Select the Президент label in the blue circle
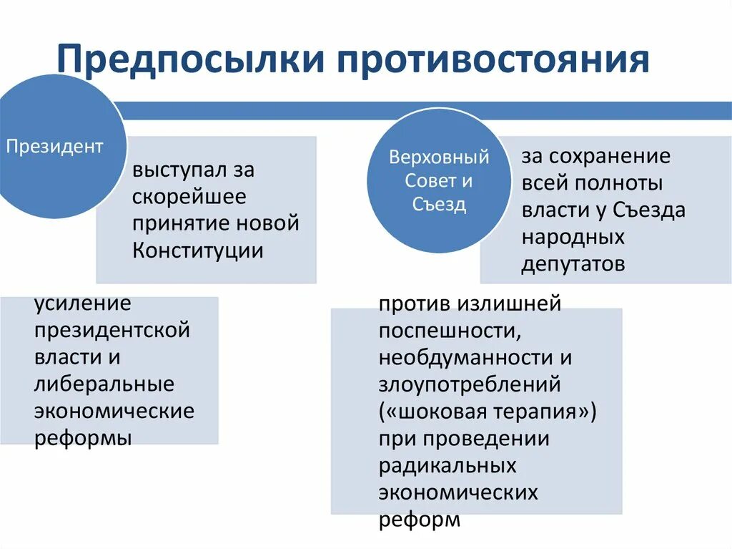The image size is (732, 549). (54, 147)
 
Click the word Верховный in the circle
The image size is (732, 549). (439, 157)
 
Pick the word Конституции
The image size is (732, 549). (197, 251)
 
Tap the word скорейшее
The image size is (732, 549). (189, 197)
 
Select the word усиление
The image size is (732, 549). (83, 303)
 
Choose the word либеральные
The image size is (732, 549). (104, 384)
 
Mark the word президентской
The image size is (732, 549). (112, 331)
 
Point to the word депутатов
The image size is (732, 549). (573, 264)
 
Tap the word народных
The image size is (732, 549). (573, 237)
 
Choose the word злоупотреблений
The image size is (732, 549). (470, 384)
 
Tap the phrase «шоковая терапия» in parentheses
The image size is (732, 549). (488, 412)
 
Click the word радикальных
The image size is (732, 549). (447, 465)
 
